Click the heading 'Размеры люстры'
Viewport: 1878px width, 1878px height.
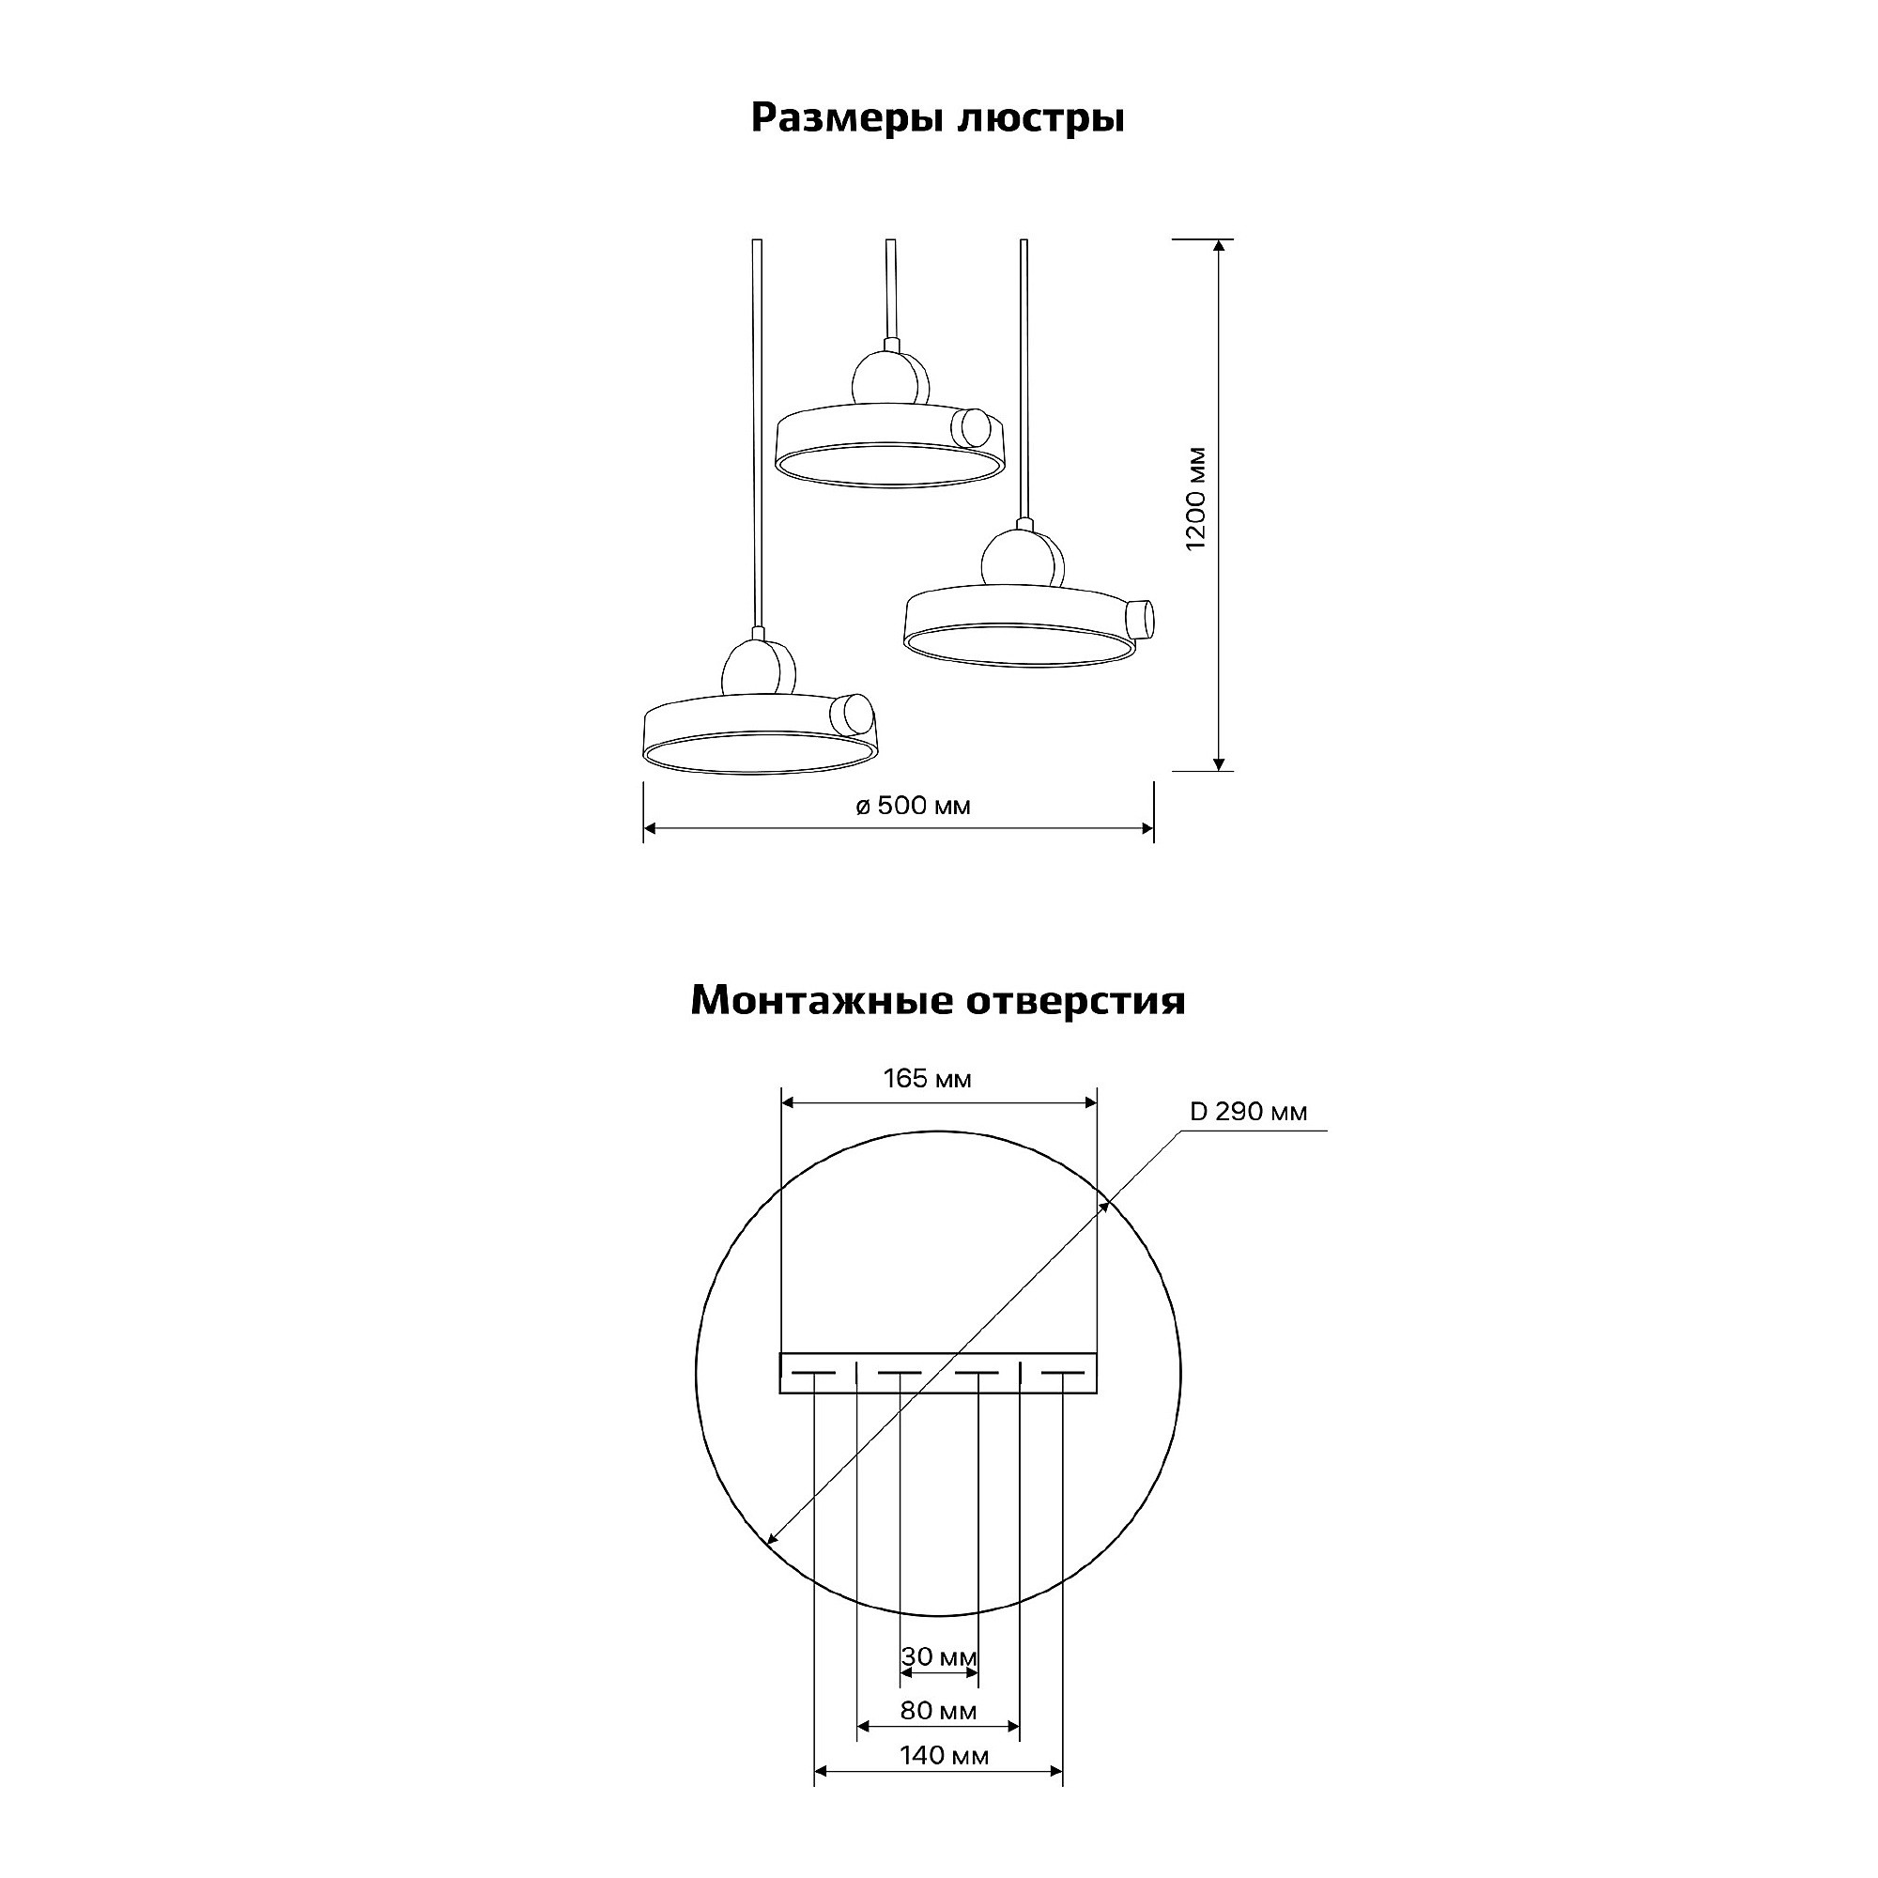pos(938,118)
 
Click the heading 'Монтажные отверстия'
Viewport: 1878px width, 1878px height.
pos(938,1000)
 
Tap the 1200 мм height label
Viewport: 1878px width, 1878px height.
pos(1195,499)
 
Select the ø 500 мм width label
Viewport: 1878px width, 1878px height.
pos(913,806)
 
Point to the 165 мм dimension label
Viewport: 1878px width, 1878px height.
pos(928,1078)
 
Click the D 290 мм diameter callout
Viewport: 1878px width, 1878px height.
pos(1248,1111)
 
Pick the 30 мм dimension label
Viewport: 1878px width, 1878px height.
pos(939,1656)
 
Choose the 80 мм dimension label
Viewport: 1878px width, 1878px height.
pos(938,1710)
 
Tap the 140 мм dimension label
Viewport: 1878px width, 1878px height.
pos(944,1755)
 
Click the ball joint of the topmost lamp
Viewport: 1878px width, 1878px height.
pos(889,380)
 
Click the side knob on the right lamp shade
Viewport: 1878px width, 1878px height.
pos(1138,618)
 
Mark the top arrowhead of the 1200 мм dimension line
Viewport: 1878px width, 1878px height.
pos(1219,245)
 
